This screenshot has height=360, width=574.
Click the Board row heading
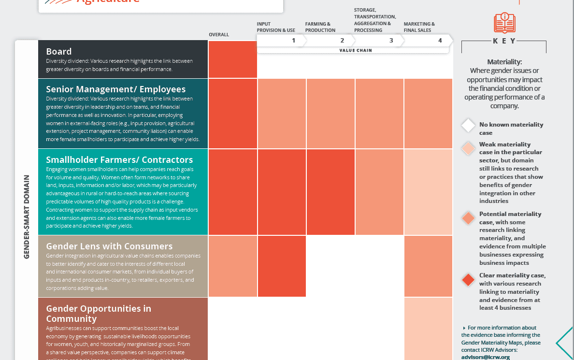59,52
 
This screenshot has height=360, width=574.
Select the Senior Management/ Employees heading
115,89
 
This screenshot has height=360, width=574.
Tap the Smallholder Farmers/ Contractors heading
119,160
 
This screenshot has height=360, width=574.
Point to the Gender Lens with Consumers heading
109,246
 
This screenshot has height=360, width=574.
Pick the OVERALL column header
219,35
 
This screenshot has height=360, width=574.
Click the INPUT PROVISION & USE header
276,27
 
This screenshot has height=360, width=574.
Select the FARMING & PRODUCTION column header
320,27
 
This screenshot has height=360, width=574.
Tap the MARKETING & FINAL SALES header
419,27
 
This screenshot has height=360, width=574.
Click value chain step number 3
391,41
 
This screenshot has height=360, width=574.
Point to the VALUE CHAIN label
355,50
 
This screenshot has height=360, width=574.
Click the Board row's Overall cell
232,59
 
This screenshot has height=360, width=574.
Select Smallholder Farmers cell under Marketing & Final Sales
428,192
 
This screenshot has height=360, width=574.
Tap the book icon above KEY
504,23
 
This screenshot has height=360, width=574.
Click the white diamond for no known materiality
468,126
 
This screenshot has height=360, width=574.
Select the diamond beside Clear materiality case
468,280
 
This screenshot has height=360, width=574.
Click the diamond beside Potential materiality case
468,218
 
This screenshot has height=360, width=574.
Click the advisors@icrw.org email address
485,357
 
